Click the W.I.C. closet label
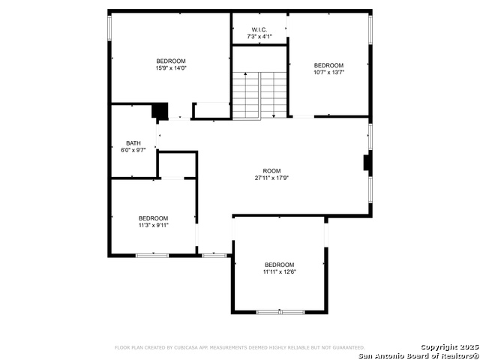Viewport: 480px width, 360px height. pos(259,30)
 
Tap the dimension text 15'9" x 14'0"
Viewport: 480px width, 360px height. pos(171,68)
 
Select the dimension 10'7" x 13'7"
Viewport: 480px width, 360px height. pos(328,72)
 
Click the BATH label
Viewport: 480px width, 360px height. pos(133,143)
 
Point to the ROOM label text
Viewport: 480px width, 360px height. pos(271,171)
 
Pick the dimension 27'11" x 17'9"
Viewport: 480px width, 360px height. pos(271,178)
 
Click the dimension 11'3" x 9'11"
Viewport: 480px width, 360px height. pos(153,225)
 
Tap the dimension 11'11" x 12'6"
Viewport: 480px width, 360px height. pos(280,271)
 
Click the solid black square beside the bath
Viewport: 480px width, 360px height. pos(160,111)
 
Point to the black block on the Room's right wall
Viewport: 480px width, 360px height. pos(366,163)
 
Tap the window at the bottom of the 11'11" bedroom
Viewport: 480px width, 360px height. pos(280,312)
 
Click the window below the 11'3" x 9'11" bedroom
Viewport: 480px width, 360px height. pos(152,255)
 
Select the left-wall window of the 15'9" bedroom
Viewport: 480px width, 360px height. pos(109,28)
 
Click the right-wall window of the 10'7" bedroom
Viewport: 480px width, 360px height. pos(370,30)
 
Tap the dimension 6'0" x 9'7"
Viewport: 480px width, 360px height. pos(133,150)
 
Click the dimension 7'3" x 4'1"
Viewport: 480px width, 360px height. pos(259,37)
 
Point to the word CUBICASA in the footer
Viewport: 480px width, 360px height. pos(185,347)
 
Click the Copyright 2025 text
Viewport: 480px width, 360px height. pos(449,347)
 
